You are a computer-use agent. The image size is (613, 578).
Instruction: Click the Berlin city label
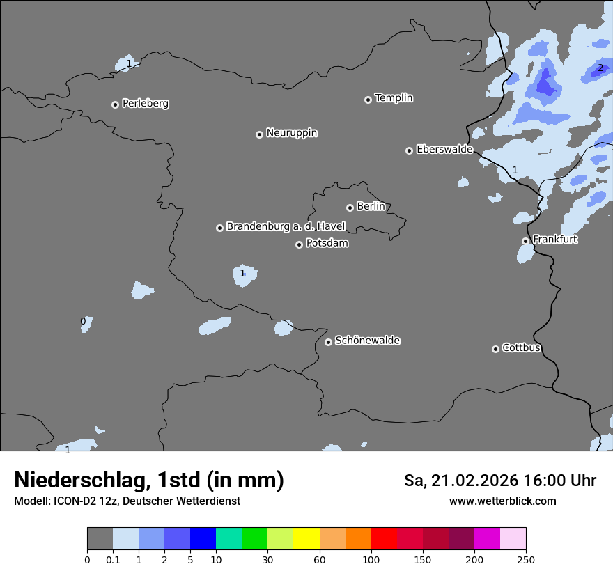371,206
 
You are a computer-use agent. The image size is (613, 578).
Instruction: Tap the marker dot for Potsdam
299,244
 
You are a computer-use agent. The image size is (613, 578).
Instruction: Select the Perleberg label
145,104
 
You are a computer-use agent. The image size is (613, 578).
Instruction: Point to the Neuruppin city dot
259,134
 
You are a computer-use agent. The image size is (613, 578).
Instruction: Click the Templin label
394,98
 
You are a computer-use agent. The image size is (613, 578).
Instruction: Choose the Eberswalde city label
444,149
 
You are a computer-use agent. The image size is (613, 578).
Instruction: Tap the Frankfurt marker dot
525,241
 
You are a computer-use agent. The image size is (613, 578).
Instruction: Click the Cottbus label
521,347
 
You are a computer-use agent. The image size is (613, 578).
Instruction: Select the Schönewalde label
367,341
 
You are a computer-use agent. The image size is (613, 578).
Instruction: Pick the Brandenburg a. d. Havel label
286,226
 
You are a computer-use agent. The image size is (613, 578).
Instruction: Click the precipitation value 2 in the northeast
600,68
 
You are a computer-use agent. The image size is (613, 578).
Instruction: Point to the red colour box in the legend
384,539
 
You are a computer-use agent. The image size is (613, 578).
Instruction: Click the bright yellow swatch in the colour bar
306,539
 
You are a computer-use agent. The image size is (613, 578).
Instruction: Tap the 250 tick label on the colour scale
526,559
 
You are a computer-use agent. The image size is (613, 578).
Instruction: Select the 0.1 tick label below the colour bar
113,559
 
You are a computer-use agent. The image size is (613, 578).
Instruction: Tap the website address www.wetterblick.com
502,501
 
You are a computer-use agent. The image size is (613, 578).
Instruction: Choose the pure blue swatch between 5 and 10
203,539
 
